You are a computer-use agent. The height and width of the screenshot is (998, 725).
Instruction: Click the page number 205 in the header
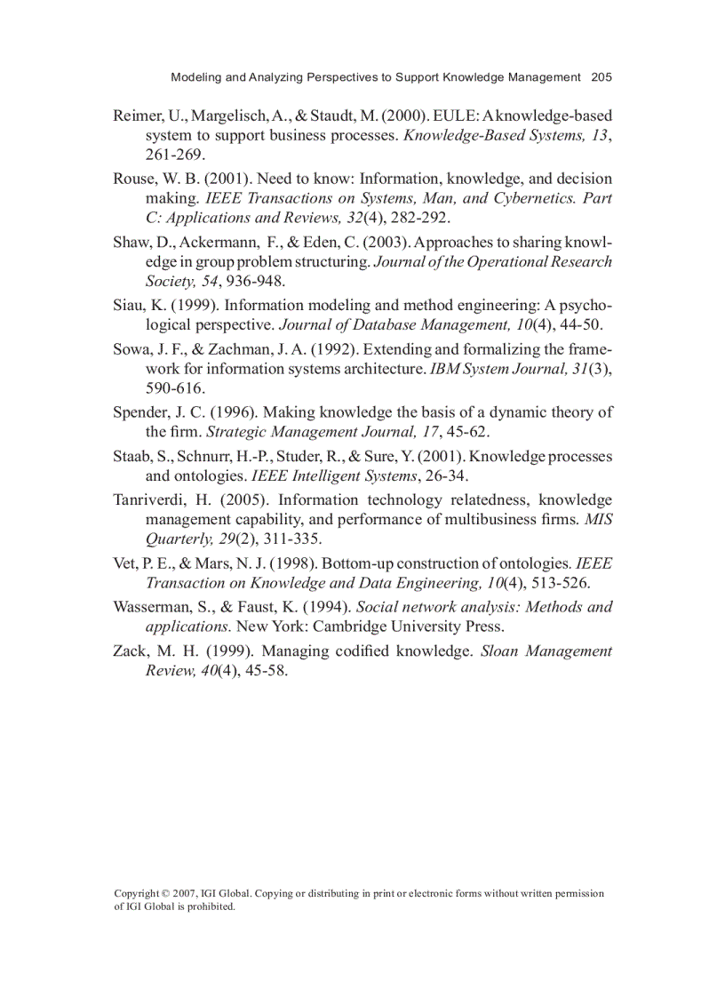coord(602,77)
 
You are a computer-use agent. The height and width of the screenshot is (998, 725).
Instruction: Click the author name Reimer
coord(138,116)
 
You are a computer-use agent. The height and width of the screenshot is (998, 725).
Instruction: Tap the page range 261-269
coord(175,156)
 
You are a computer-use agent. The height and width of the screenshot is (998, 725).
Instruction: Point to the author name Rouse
coord(134,179)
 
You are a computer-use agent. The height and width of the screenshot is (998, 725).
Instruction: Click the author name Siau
coord(128,306)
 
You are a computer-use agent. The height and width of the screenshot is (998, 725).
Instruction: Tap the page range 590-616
coord(175,388)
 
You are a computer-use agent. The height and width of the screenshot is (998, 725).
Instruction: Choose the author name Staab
coord(131,457)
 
